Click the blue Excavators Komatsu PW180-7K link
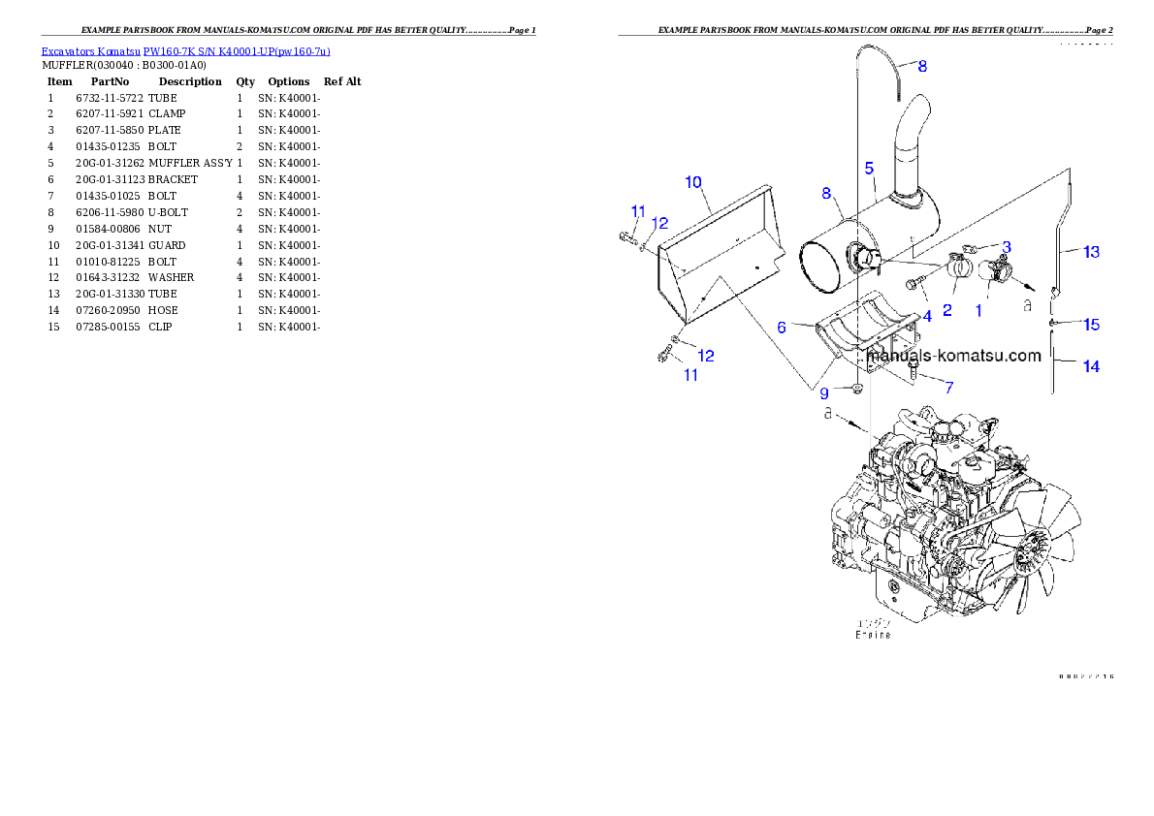[185, 51]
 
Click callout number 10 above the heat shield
[693, 181]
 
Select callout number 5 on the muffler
[870, 168]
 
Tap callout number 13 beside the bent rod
[1091, 252]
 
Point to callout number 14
[1091, 366]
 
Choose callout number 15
[1091, 324]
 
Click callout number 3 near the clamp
[1007, 247]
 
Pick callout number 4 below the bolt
[927, 316]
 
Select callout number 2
[946, 311]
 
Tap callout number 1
[978, 311]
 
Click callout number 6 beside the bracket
[781, 328]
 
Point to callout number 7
[948, 387]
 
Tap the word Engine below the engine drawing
[873, 636]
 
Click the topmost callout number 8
[922, 66]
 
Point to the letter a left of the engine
[827, 414]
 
